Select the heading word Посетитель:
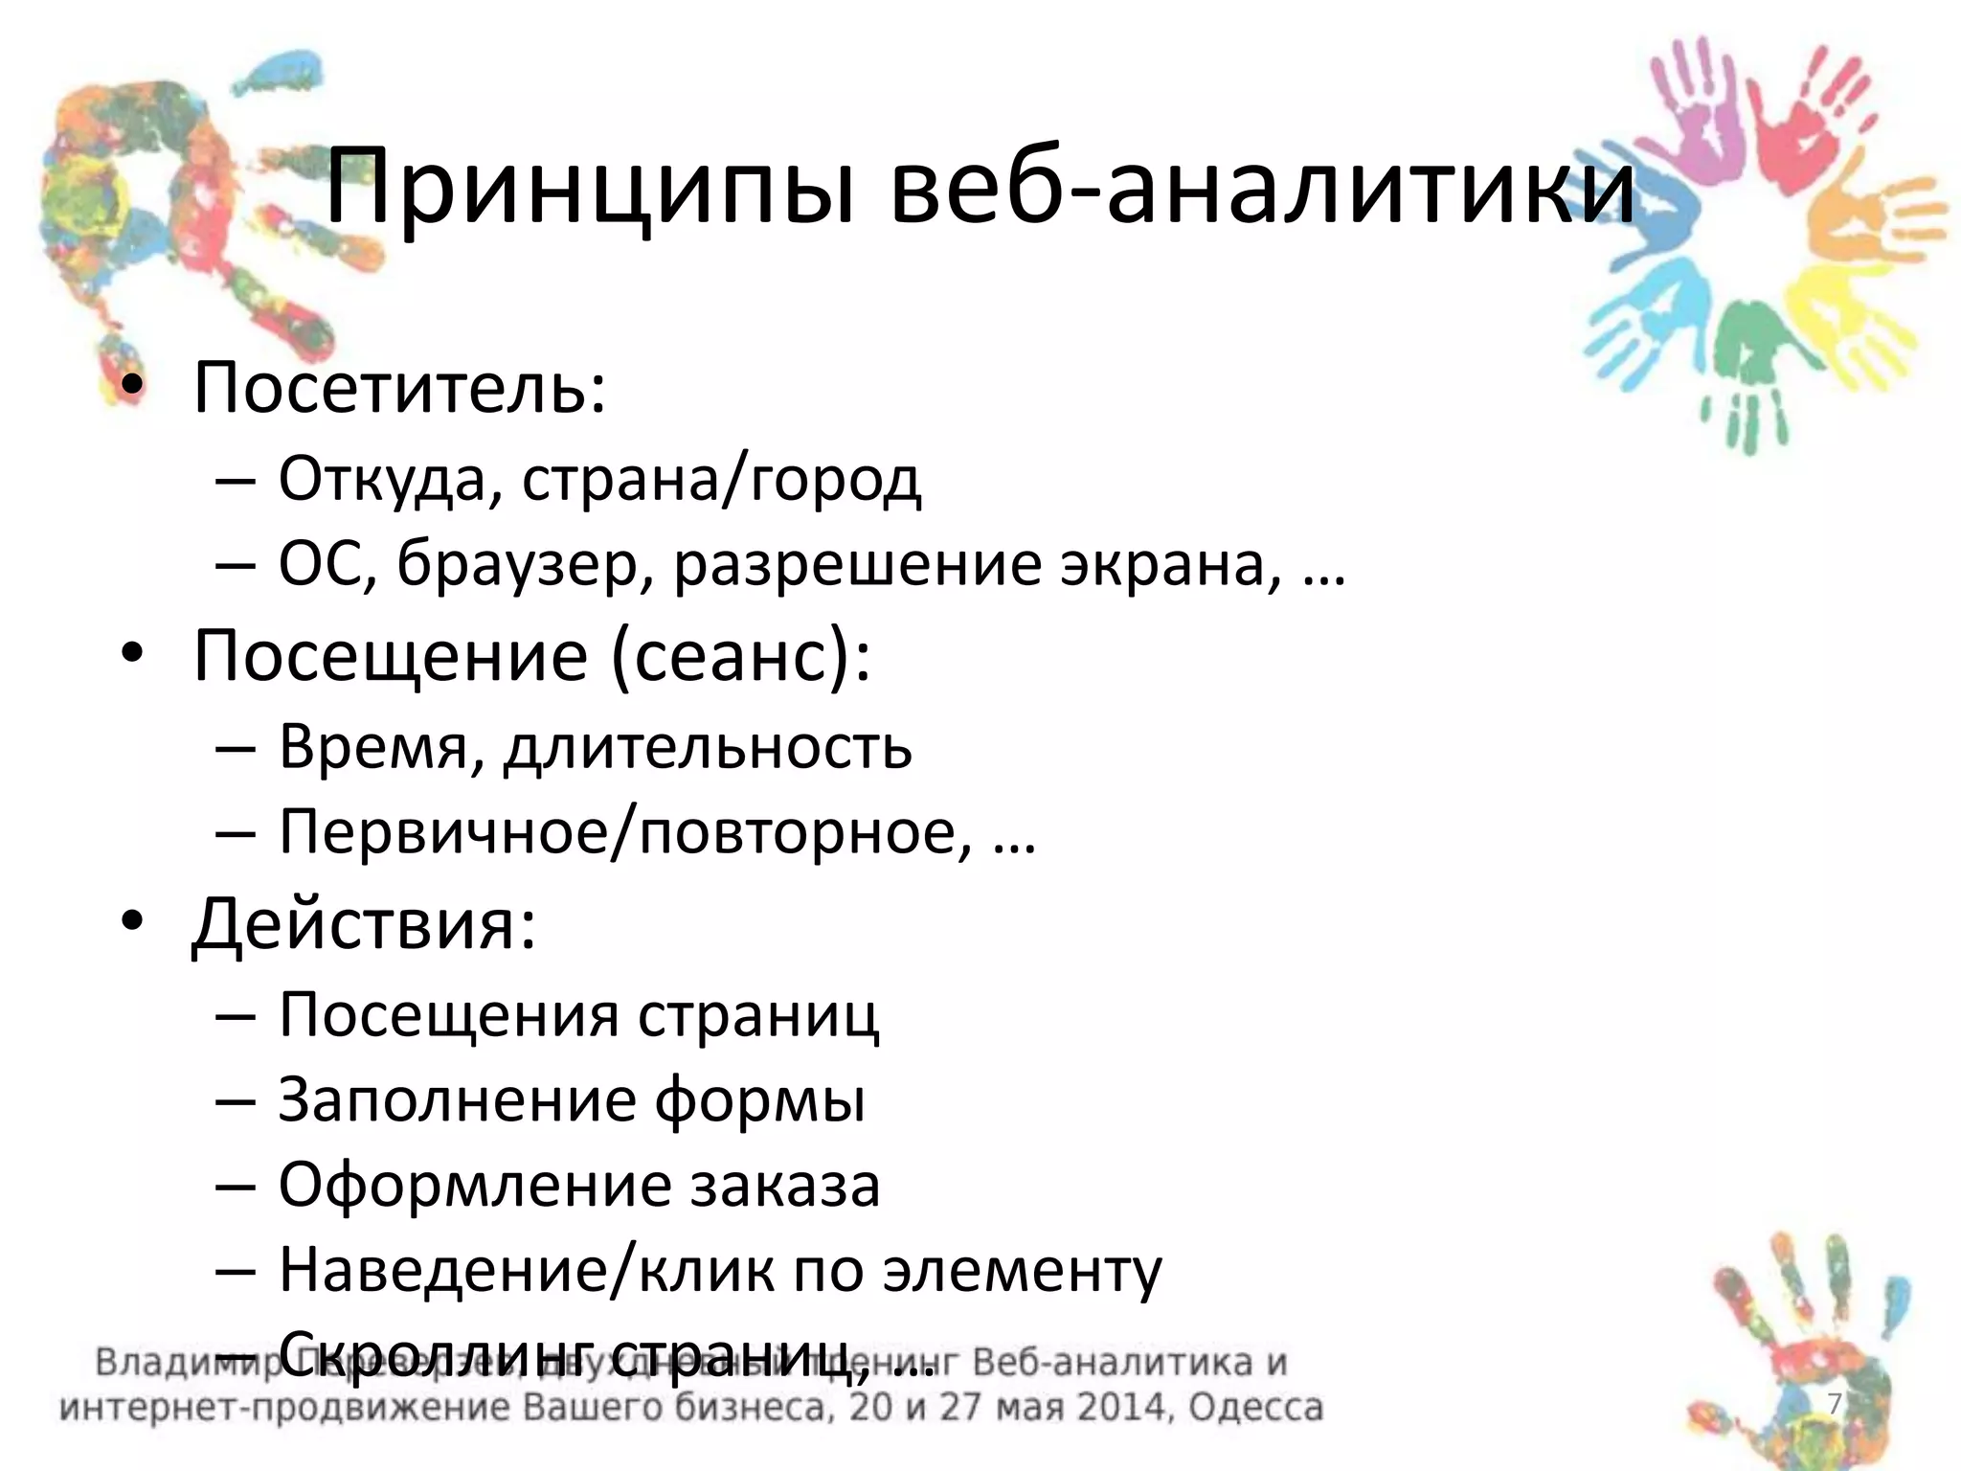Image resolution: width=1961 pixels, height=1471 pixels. tap(400, 388)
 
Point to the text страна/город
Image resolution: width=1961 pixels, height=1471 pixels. tap(721, 479)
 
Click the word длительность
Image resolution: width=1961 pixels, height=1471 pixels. tap(709, 747)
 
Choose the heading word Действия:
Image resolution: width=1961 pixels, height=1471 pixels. tap(364, 925)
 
